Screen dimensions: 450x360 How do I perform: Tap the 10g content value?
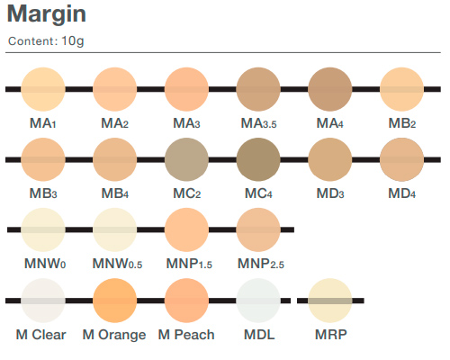click(x=73, y=41)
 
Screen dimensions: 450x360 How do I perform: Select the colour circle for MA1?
click(x=43, y=89)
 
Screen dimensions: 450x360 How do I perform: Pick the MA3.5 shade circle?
click(x=258, y=89)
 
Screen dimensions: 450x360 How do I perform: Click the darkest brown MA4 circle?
click(x=330, y=89)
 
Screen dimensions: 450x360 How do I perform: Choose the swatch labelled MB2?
click(x=402, y=89)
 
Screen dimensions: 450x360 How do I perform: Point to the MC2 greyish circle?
click(x=186, y=159)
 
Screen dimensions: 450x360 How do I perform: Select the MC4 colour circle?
click(x=258, y=159)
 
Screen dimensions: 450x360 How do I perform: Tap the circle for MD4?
click(x=402, y=159)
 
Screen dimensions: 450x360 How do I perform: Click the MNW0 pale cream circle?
click(x=43, y=229)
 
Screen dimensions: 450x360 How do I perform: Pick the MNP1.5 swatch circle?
click(x=186, y=229)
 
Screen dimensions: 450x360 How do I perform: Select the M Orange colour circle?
click(x=114, y=301)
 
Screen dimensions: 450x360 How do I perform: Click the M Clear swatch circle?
click(x=43, y=301)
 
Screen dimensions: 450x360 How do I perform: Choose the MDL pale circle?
click(x=258, y=301)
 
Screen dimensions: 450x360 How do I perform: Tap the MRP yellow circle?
click(x=330, y=301)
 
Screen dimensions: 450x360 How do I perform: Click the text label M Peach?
click(x=186, y=335)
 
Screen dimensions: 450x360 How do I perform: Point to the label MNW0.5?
click(x=117, y=264)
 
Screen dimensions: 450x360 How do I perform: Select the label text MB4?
click(x=115, y=193)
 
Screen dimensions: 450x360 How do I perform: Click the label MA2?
click(x=114, y=123)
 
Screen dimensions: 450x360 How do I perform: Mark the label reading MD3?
click(x=330, y=193)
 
